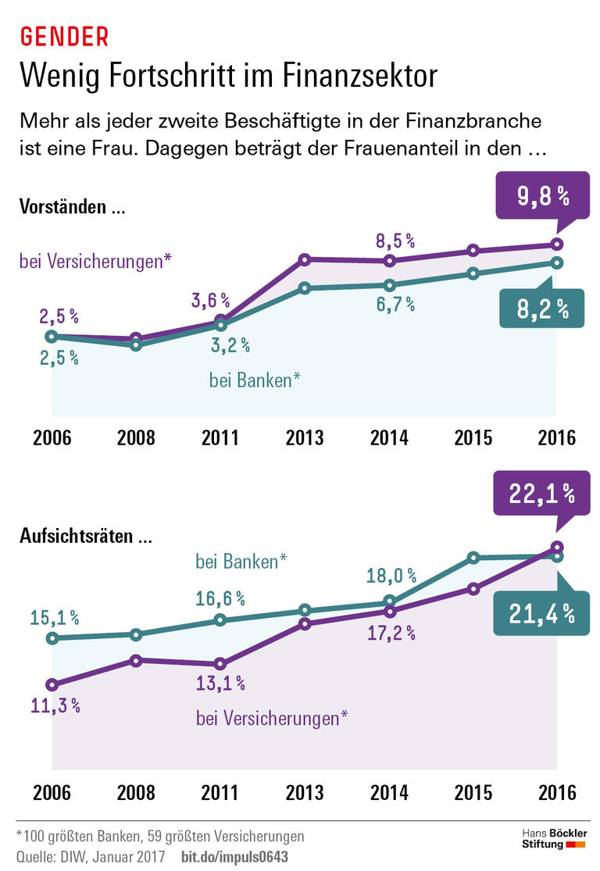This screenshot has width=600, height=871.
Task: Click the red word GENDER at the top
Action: point(63,37)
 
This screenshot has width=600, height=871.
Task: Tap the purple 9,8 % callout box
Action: point(542,196)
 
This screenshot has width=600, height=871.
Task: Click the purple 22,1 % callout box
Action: point(542,492)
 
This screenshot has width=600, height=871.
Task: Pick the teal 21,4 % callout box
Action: point(542,614)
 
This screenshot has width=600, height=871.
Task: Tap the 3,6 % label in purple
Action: point(211,299)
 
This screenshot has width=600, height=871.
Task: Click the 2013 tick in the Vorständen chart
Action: point(305,437)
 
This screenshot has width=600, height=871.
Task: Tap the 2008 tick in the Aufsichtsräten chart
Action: point(136,792)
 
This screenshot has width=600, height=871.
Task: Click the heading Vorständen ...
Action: point(72,209)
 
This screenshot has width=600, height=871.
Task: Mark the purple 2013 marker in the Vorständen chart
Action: point(305,259)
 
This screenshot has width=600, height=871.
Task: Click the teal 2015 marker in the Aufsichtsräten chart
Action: point(473,558)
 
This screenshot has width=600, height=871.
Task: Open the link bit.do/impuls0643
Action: point(234,856)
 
